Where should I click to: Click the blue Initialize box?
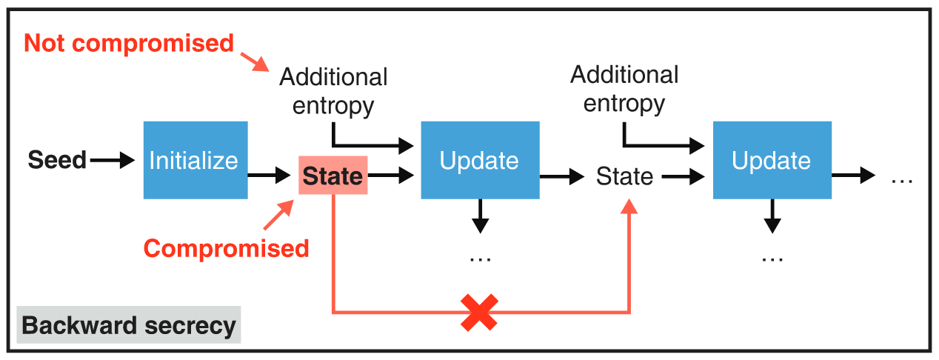pos(195,160)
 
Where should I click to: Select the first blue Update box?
pos(479,160)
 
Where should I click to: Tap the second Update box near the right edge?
pos(771,160)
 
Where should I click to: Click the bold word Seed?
pos(57,160)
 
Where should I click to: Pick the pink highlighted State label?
pos(333,176)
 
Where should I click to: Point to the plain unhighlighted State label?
pos(624,176)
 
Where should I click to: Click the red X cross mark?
pos(479,313)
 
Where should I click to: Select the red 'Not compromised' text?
pos(129,43)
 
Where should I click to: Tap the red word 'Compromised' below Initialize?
pos(226,248)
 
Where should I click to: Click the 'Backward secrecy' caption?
pos(129,326)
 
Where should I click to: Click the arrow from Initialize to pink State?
pos(269,176)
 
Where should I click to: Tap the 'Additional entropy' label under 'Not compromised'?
pos(333,91)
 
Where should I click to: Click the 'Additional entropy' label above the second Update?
pos(624,89)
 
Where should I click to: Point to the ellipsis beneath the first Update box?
pos(480,257)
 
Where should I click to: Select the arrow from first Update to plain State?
pos(562,176)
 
